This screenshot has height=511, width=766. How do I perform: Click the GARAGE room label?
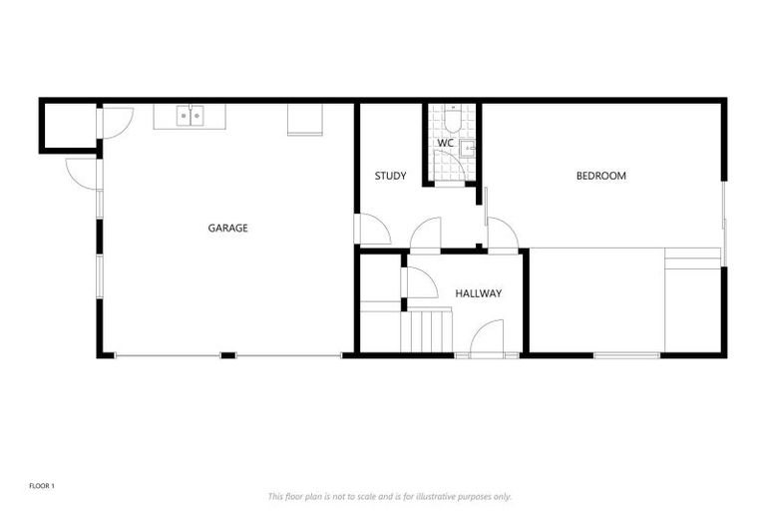(227, 229)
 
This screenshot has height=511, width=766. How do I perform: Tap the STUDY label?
(390, 177)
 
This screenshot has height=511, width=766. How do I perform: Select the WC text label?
(446, 144)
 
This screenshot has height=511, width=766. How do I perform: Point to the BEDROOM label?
(601, 177)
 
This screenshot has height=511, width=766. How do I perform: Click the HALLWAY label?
(478, 293)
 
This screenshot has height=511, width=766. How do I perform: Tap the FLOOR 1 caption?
(41, 486)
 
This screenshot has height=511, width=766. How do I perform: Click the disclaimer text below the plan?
(389, 496)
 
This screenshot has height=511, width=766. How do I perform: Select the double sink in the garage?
(190, 116)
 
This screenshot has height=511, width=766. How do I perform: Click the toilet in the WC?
(451, 122)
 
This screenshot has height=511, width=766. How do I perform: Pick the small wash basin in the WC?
(467, 148)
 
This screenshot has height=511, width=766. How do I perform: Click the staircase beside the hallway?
(426, 330)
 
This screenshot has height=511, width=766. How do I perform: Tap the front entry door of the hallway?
(486, 338)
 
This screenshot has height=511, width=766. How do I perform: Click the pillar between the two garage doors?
(227, 355)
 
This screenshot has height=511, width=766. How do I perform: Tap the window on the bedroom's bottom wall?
(626, 355)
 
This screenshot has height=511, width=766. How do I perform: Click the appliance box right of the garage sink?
(305, 119)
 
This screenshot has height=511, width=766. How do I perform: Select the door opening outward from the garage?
(82, 173)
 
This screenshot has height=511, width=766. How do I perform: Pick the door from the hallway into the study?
(426, 235)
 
